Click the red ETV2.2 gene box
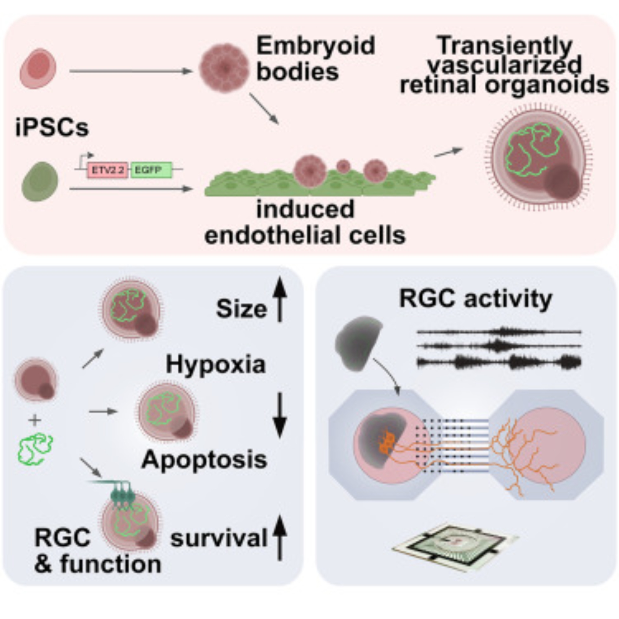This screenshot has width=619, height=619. (108, 170)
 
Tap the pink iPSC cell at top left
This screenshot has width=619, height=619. (38, 68)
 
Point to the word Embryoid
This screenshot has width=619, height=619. (316, 45)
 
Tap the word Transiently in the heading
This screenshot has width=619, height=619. (504, 45)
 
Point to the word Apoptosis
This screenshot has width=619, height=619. (204, 460)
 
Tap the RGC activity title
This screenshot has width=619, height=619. (475, 299)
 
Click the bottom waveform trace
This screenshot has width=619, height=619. (499, 362)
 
